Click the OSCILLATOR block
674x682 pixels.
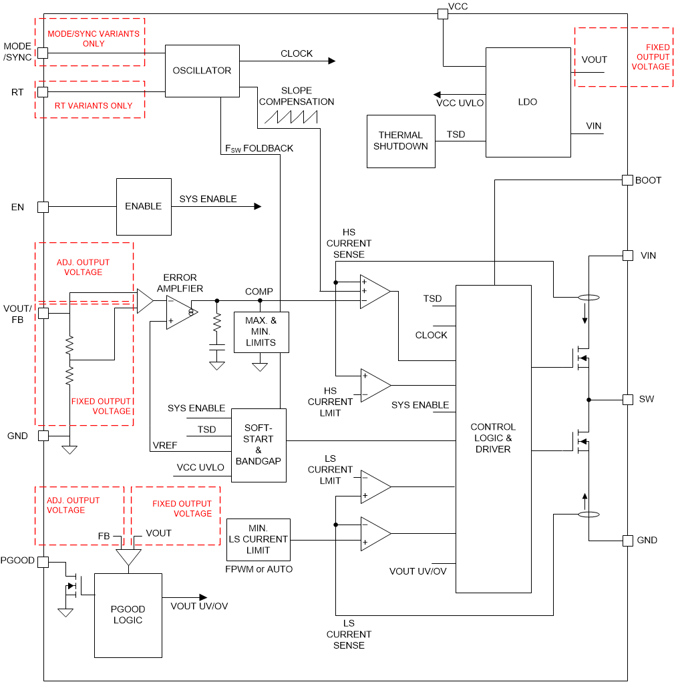coord(202,71)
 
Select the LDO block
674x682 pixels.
coord(528,102)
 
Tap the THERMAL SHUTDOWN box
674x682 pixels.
coord(401,141)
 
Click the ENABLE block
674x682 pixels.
coord(144,206)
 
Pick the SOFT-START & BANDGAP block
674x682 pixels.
coord(259,445)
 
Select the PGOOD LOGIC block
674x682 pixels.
coord(128,615)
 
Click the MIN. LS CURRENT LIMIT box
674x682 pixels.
coord(259,539)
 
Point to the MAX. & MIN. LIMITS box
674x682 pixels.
coord(261,332)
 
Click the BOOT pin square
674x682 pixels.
coord(627,180)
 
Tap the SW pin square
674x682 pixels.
coord(627,399)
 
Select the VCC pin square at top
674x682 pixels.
coord(442,13)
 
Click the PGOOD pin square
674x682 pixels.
coord(43,562)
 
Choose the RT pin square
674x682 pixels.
coord(43,91)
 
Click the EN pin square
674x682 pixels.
coord(43,207)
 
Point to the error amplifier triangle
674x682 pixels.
coord(181,312)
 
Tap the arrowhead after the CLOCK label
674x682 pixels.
coord(331,61)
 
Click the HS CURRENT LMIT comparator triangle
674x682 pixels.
coord(375,385)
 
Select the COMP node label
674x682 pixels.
coord(259,292)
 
